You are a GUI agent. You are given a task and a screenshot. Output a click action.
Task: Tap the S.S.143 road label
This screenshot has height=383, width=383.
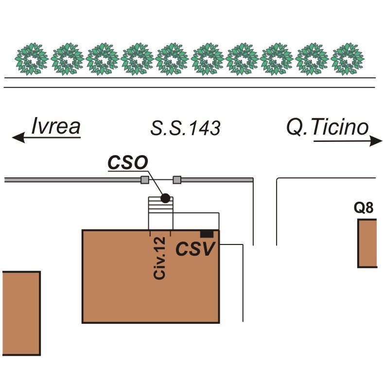[x=185, y=128]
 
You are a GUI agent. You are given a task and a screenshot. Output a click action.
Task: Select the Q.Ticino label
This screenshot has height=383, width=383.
[x=327, y=127]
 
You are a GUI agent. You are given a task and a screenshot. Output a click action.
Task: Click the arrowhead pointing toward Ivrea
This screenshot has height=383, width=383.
[x=18, y=138]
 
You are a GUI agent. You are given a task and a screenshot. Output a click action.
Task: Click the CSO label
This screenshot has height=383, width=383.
[x=127, y=163]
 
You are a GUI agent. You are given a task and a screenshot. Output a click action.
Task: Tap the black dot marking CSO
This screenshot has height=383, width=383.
[x=165, y=198]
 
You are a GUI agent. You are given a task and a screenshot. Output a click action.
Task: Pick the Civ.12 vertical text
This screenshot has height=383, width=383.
[x=160, y=258]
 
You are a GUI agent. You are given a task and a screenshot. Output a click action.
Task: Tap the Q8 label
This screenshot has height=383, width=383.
[x=364, y=208]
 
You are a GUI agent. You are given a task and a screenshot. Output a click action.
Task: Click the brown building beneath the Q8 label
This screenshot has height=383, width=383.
[x=367, y=243]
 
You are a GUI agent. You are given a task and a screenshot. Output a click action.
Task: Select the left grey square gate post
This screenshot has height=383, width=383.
[x=144, y=180]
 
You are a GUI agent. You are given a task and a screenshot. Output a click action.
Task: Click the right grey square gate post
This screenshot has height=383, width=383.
[x=177, y=180]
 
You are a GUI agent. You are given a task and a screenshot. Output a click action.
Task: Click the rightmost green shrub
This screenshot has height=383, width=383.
[x=348, y=59]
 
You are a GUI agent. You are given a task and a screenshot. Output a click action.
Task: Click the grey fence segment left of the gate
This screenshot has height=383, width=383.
[x=73, y=180]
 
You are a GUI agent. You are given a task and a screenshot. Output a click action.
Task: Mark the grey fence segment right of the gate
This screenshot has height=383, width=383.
[x=216, y=180]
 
